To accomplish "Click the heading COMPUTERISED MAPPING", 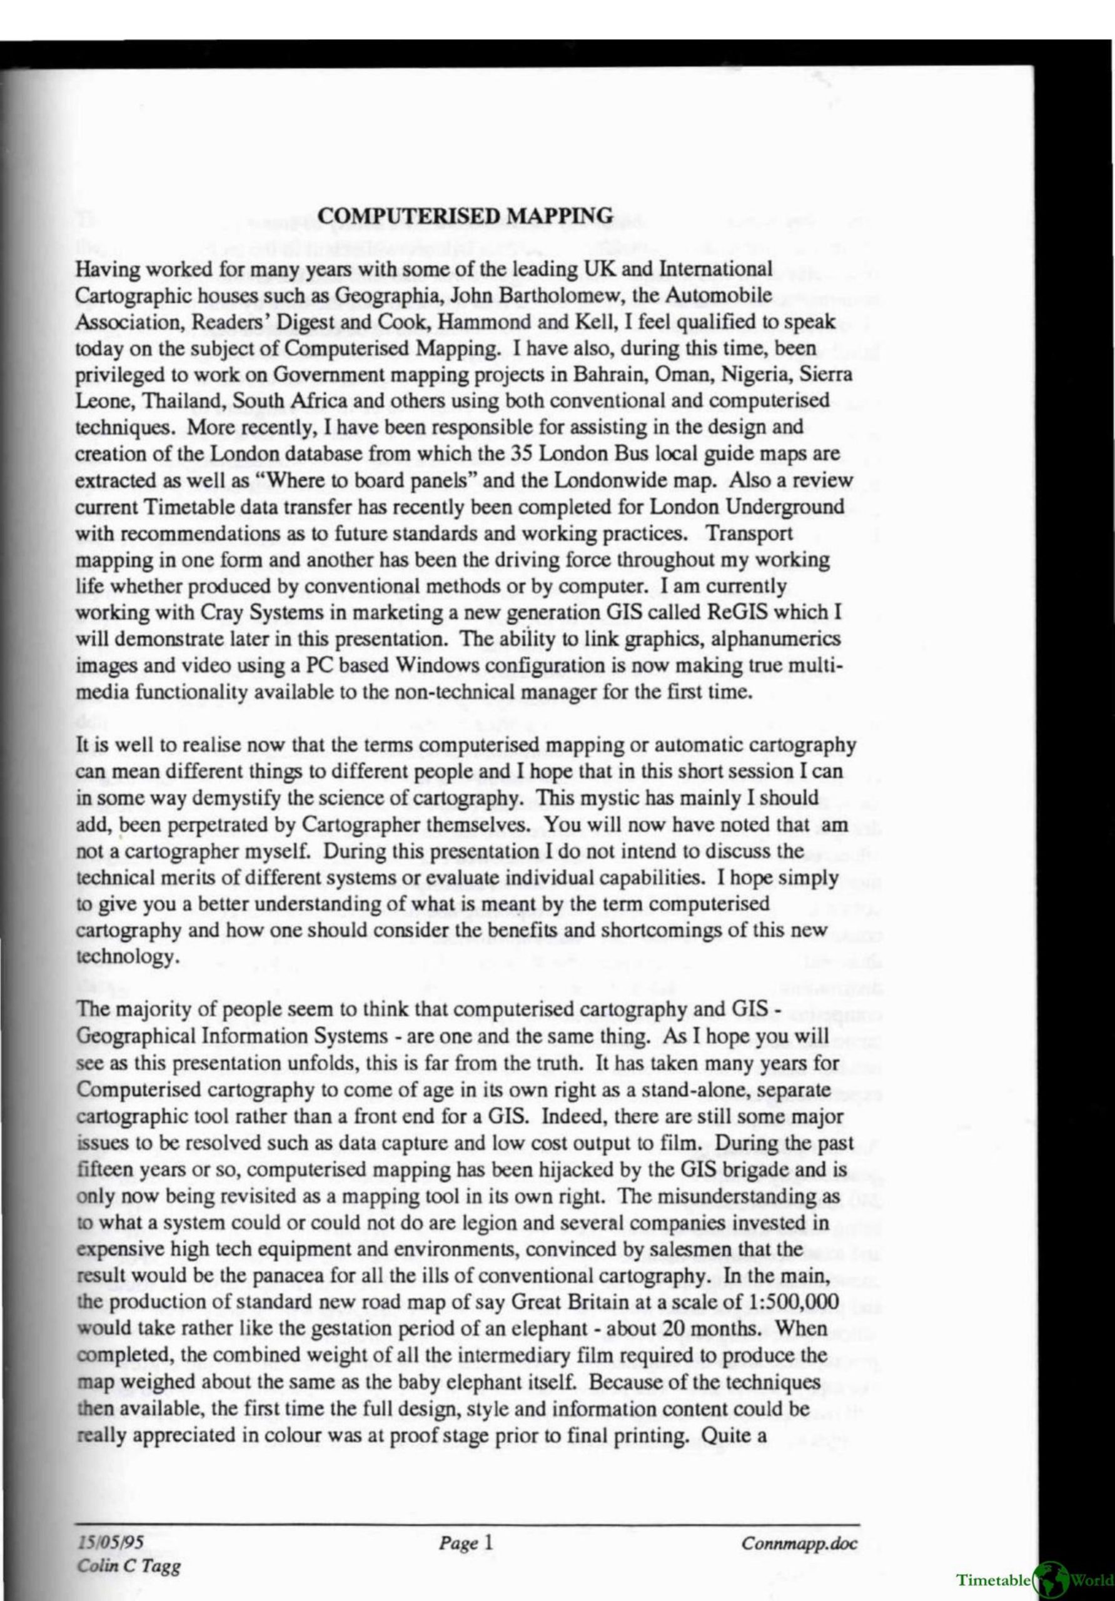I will point(465,216).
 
